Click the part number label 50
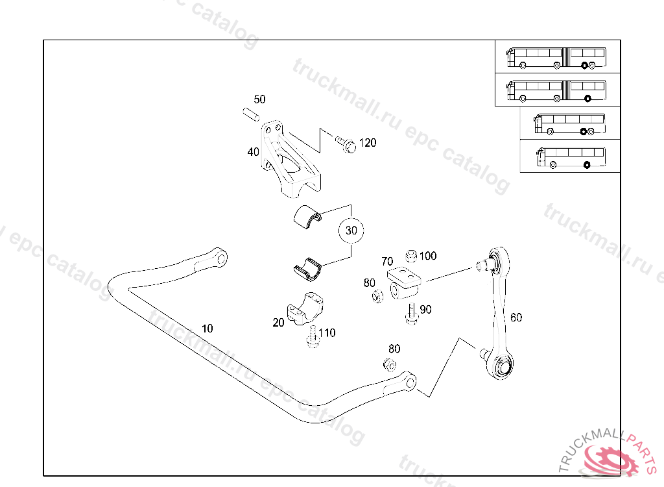pyautogui.click(x=259, y=99)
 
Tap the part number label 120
pyautogui.click(x=368, y=143)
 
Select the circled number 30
pyautogui.click(x=351, y=231)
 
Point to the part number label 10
pyautogui.click(x=207, y=329)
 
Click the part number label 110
pyautogui.click(x=327, y=333)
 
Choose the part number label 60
pyautogui.click(x=516, y=318)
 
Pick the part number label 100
pyautogui.click(x=428, y=256)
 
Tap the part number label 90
pyautogui.click(x=425, y=310)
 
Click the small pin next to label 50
pyautogui.click(x=251, y=114)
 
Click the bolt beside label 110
pyautogui.click(x=313, y=338)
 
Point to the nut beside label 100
pyautogui.click(x=410, y=255)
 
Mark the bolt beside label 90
pyautogui.click(x=411, y=313)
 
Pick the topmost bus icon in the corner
pyautogui.click(x=557, y=56)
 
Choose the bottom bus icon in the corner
pyautogui.click(x=570, y=156)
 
